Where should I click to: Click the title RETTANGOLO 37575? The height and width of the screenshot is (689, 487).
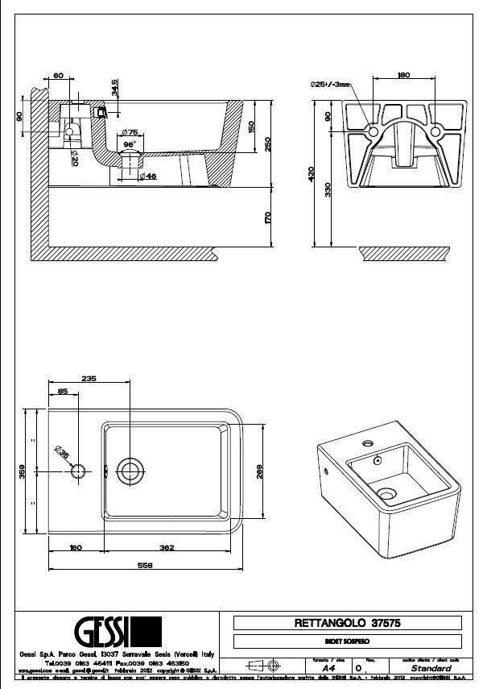(347, 623)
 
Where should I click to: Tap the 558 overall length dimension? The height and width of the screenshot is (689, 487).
(146, 565)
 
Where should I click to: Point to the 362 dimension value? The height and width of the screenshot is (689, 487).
(167, 548)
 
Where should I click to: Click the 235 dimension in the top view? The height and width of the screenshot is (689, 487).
(89, 378)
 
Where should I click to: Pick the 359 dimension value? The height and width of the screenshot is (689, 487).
(23, 471)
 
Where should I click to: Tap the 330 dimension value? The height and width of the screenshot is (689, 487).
(328, 189)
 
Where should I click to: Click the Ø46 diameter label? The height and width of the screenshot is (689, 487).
(147, 176)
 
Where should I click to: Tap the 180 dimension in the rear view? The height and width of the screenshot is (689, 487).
(404, 77)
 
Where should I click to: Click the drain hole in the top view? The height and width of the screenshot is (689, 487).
(129, 470)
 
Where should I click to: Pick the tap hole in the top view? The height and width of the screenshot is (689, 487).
(79, 471)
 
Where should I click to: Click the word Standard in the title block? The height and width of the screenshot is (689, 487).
(431, 669)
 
